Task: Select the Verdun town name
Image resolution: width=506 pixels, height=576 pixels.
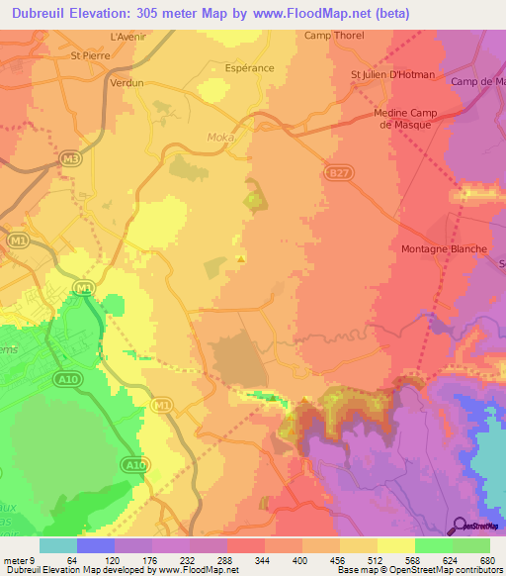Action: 126,84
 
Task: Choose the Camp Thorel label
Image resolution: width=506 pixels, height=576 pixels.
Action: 334,36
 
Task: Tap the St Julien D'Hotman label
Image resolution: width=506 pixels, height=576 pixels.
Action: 392,74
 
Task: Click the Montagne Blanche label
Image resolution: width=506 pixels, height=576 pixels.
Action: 444,249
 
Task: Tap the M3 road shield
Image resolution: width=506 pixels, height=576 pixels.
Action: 68,158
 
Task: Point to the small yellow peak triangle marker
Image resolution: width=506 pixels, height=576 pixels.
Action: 241,259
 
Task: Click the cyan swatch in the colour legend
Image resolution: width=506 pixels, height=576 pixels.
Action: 58,545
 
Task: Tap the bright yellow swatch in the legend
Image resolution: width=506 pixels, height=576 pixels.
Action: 395,545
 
